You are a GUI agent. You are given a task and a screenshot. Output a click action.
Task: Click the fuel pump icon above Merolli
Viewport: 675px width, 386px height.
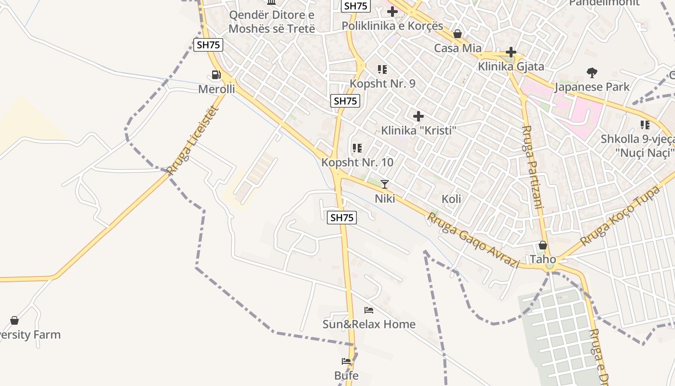click(216, 75)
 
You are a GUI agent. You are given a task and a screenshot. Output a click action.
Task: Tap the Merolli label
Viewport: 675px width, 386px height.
click(216, 89)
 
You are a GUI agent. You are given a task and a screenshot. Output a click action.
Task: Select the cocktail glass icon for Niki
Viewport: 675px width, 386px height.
click(385, 184)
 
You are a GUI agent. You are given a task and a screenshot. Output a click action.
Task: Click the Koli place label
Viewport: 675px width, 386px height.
click(451, 199)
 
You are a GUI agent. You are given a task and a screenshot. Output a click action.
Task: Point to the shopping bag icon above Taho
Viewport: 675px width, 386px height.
click(543, 245)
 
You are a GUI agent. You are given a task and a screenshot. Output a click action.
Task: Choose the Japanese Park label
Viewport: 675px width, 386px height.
click(592, 87)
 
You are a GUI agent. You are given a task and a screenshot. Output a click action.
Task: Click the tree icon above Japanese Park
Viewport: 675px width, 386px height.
click(592, 73)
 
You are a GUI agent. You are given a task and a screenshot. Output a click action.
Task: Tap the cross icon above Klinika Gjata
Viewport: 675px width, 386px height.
click(511, 52)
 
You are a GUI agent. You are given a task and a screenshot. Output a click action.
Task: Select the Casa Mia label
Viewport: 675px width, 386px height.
click(458, 48)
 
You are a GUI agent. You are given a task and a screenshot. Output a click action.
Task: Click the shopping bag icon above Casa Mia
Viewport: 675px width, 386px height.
click(458, 34)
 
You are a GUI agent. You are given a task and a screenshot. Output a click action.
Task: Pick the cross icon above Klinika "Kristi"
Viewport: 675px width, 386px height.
click(418, 116)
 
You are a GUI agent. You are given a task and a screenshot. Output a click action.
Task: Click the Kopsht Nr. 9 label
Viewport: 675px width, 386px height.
click(382, 83)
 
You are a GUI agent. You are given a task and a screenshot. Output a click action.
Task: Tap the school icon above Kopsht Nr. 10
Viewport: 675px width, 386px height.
click(357, 148)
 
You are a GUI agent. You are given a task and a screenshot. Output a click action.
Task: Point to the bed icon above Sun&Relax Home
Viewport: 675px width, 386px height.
click(369, 310)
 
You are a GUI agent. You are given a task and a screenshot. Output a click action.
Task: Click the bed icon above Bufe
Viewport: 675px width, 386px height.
click(346, 361)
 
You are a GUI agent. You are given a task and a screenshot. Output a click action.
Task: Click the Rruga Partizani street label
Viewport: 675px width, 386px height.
click(533, 166)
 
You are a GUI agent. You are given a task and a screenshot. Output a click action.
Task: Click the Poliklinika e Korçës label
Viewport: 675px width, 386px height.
click(392, 26)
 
